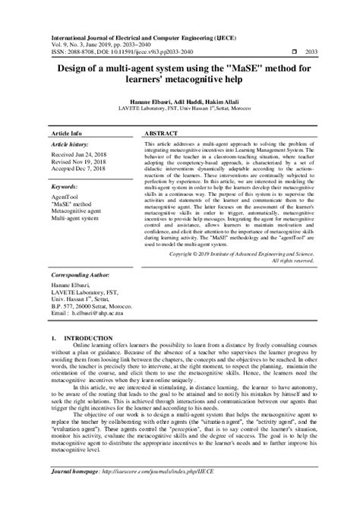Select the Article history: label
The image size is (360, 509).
click(x=71, y=143)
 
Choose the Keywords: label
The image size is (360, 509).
click(x=64, y=185)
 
